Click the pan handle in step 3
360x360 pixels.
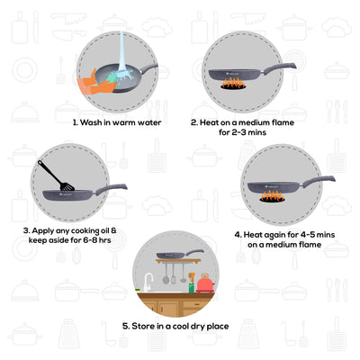[x=113, y=189]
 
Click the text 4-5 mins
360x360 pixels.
[x=298, y=235]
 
